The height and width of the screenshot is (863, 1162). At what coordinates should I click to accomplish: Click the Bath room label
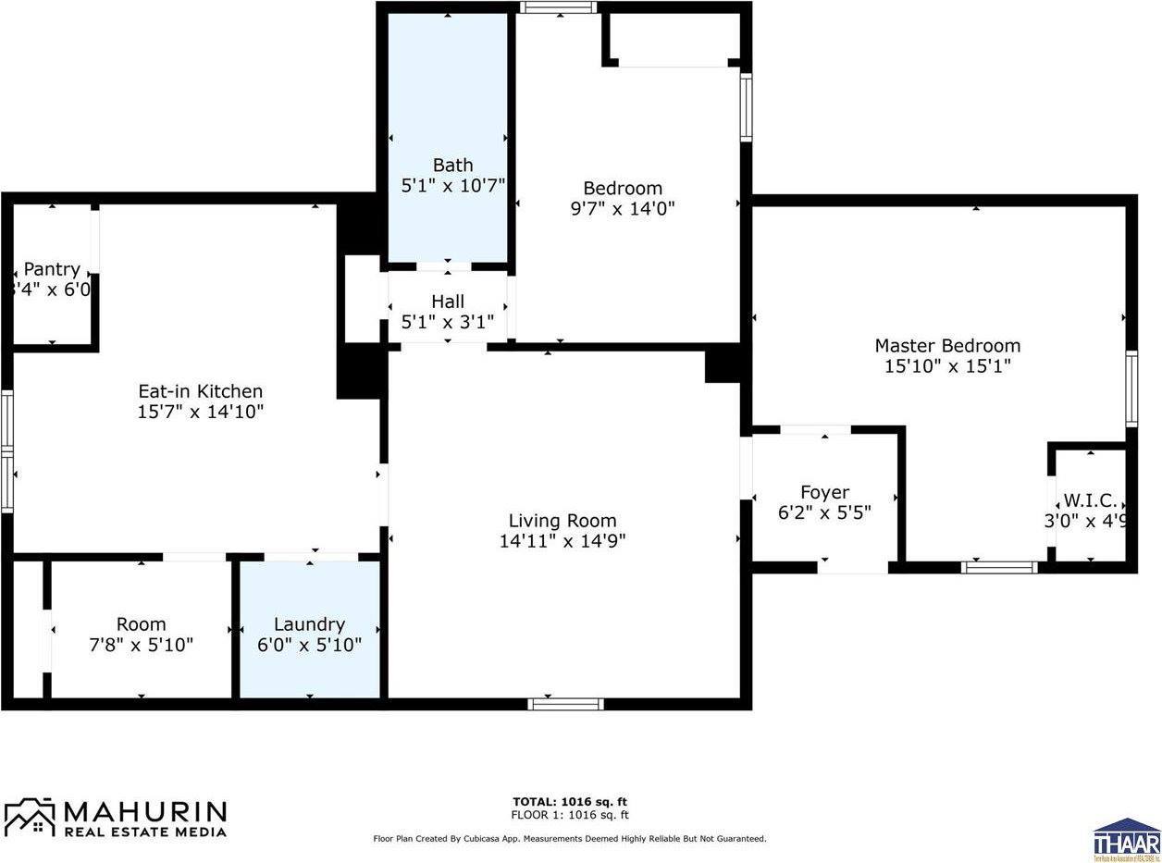pyautogui.click(x=452, y=166)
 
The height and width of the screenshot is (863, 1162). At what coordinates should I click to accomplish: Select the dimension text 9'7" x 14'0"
pyautogui.click(x=623, y=208)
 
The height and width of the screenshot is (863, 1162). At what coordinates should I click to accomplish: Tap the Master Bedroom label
pyautogui.click(x=947, y=345)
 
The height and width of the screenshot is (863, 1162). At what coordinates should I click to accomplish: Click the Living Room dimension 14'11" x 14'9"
pyautogui.click(x=562, y=541)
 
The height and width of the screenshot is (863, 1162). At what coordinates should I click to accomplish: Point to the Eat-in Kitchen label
pyautogui.click(x=200, y=391)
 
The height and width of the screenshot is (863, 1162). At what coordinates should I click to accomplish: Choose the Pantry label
pyautogui.click(x=52, y=269)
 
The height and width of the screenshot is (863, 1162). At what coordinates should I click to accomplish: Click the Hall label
pyautogui.click(x=448, y=302)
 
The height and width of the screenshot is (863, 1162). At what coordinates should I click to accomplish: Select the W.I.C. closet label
pyautogui.click(x=1090, y=500)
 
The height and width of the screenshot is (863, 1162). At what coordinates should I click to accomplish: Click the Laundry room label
pyautogui.click(x=309, y=624)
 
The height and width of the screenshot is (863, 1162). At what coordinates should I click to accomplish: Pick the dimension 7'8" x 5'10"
pyautogui.click(x=142, y=645)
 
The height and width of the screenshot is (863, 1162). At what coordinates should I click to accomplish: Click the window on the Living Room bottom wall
pyautogui.click(x=565, y=704)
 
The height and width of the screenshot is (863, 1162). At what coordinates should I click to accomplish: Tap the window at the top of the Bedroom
pyautogui.click(x=558, y=7)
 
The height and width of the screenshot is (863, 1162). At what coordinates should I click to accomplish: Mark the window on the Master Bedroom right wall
pyautogui.click(x=1131, y=388)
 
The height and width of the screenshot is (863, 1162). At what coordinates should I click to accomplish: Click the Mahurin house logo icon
pyautogui.click(x=30, y=817)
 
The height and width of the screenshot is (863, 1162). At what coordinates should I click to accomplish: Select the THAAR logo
pyautogui.click(x=1126, y=839)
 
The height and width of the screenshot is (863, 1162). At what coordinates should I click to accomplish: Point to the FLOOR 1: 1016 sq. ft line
pyautogui.click(x=570, y=815)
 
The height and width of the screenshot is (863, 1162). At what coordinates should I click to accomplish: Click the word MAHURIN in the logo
pyautogui.click(x=145, y=811)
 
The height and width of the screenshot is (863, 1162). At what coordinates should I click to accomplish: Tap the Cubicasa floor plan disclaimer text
pyautogui.click(x=569, y=839)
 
